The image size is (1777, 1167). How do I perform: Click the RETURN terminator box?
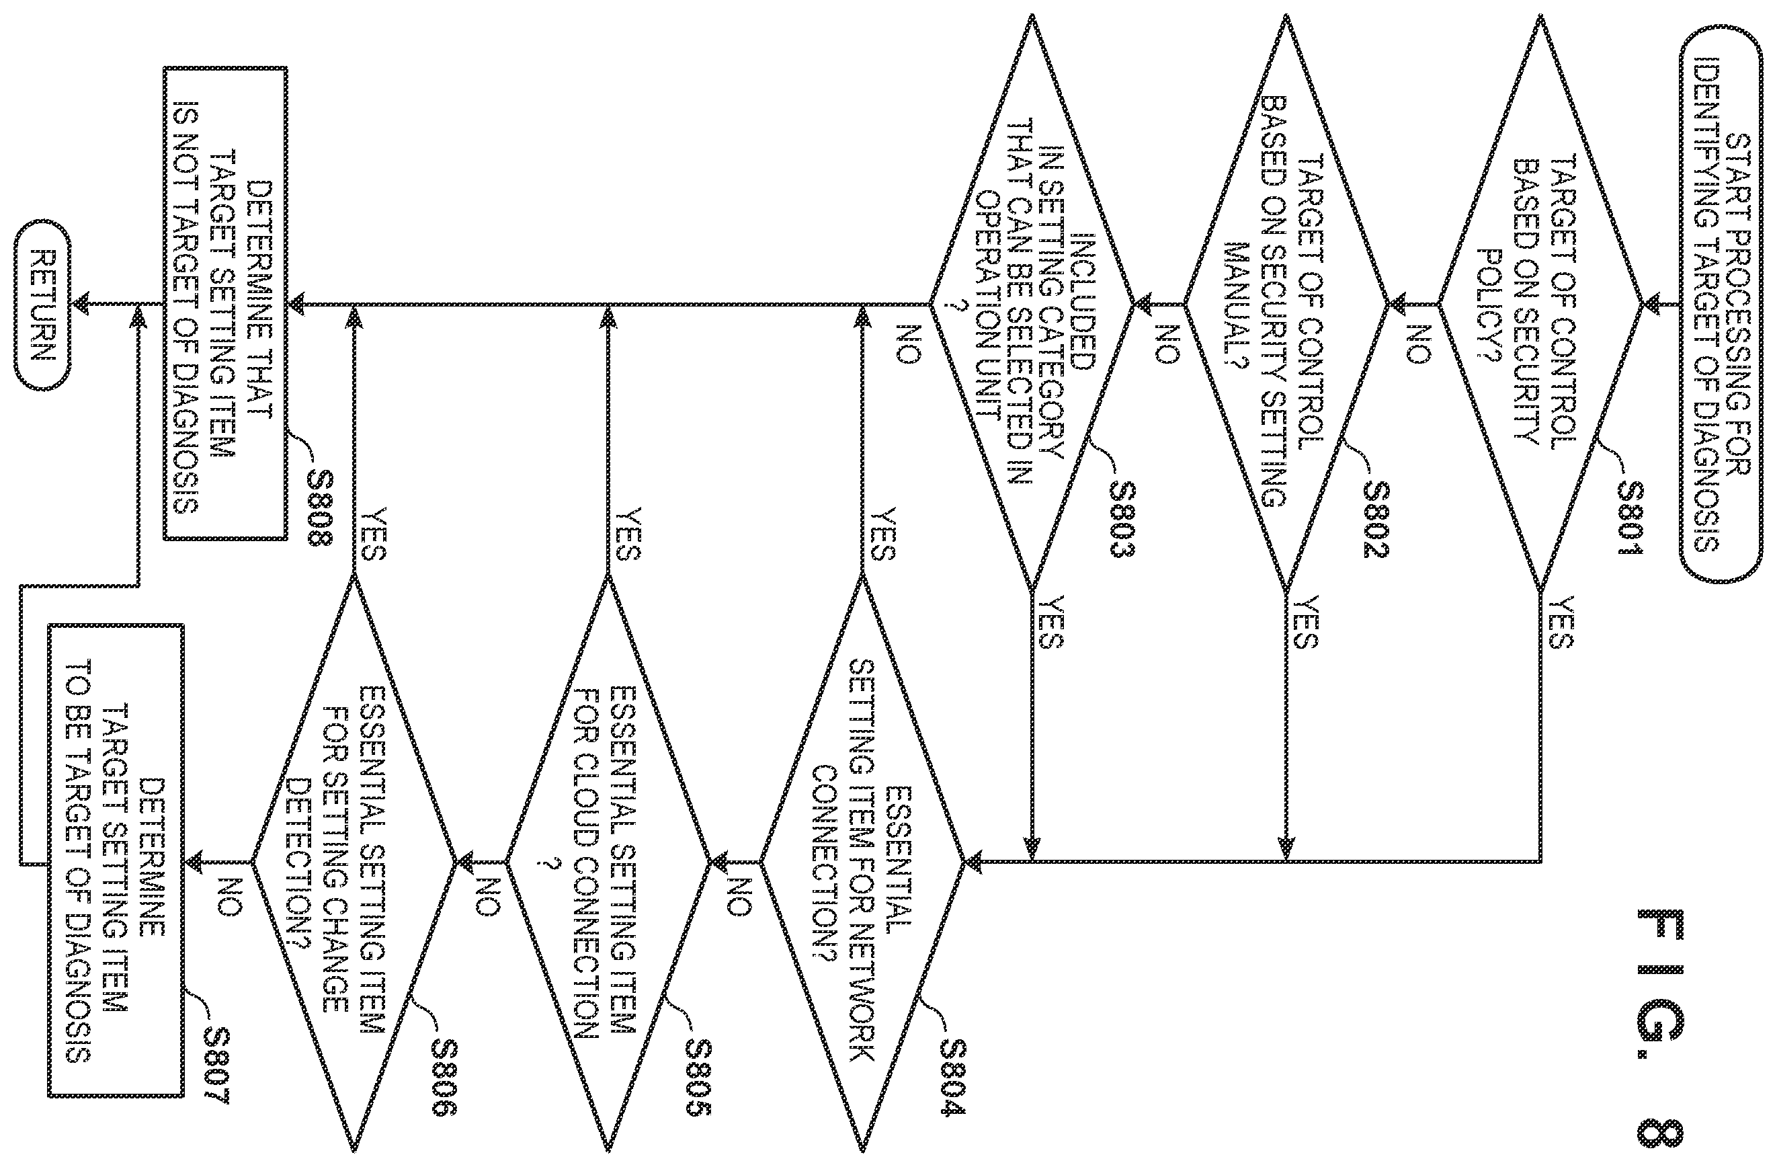[42, 305]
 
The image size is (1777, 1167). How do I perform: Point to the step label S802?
[1375, 518]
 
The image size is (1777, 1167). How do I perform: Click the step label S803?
[1122, 518]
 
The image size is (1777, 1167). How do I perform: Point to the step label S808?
[319, 508]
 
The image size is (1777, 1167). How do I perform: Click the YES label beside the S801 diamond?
[1561, 621]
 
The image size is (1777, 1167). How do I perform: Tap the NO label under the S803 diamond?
[907, 344]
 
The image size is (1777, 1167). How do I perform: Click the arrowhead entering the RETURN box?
[81, 305]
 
